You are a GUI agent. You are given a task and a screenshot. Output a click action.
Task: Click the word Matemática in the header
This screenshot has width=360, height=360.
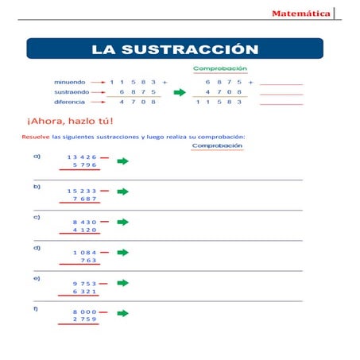[301, 14]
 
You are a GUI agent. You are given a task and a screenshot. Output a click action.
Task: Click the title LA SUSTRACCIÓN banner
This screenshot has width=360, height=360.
[175, 49]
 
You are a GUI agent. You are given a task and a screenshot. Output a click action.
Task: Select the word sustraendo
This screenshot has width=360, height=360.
[71, 92]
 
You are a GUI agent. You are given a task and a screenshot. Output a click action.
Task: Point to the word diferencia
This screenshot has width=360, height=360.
[70, 103]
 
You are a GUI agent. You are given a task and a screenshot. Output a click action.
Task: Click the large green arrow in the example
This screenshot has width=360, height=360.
[180, 92]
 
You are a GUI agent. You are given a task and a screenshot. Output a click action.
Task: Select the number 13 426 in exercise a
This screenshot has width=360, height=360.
[82, 157]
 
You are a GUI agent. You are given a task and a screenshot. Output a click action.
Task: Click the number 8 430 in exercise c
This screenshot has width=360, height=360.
[84, 222]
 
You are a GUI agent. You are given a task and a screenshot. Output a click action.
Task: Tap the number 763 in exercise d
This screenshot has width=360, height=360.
[88, 260]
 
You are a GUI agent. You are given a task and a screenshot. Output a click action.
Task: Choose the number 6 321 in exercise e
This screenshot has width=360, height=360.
[84, 291]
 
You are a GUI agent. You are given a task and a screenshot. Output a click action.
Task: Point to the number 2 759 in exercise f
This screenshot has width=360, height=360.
[84, 319]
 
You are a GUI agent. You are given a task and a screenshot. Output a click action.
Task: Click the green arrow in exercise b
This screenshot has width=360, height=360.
[122, 192]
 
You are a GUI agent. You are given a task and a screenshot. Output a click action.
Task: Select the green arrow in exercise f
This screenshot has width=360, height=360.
[122, 313]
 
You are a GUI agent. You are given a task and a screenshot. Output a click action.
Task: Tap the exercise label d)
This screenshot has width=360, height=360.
[37, 248]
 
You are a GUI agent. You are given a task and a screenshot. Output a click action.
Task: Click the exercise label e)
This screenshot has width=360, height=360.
[37, 278]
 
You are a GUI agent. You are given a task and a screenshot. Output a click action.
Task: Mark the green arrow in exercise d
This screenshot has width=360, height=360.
[122, 253]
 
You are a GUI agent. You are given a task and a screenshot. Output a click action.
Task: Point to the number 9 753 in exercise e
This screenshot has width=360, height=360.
[84, 283]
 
